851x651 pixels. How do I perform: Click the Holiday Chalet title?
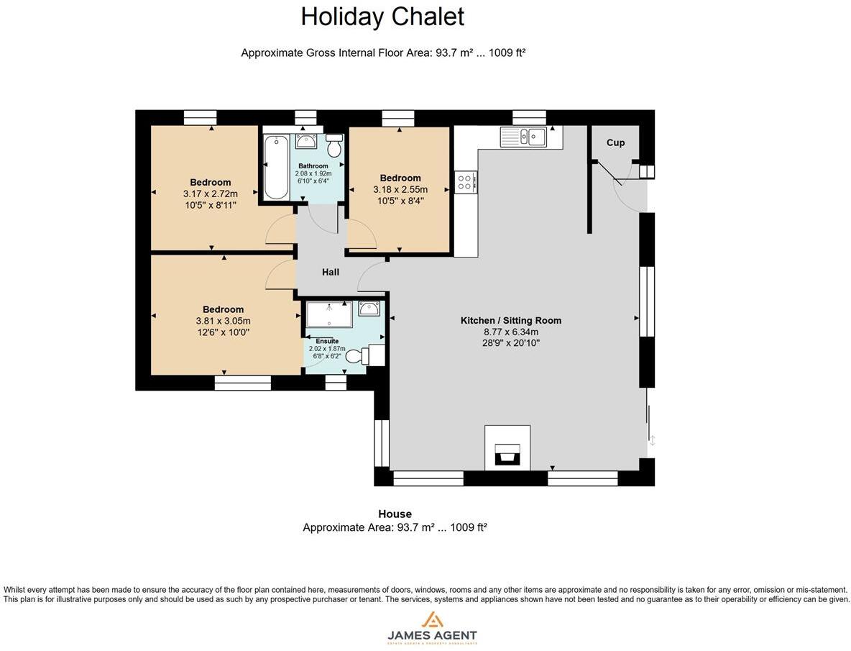pos(382,17)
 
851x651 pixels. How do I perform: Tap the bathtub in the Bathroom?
pos(276,167)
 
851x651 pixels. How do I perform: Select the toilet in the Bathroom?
pos(333,146)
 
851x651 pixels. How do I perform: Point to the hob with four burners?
pos(464,182)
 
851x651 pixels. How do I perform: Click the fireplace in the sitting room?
pos(507,453)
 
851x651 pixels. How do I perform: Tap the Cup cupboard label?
pos(615,142)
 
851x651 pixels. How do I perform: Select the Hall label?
pos(331,272)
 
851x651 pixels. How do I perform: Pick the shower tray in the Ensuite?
pos(329,314)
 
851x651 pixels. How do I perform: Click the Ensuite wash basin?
pos(369,309)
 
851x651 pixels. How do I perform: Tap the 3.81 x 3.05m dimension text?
pos(223,321)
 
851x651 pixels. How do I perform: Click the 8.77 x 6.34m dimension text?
pos(510,332)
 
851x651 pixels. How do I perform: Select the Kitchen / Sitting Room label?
pos(510,320)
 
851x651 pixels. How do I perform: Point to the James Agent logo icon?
pos(432,619)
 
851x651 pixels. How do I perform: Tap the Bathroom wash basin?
pos(306,140)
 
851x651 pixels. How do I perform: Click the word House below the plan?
pos(395,514)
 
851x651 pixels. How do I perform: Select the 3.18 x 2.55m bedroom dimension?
pos(400,190)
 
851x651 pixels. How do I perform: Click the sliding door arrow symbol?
pos(652,440)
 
